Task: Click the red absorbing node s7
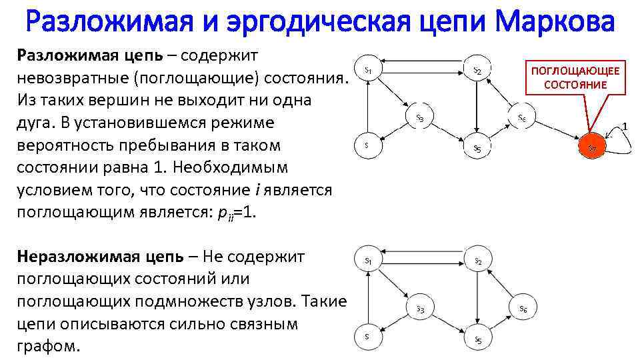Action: coord(592,148)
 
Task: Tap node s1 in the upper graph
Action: coord(368,69)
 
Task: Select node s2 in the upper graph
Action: coord(477,69)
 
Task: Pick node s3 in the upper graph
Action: coord(420,118)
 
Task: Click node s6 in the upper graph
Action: coord(523,118)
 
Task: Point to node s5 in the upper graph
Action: coord(477,148)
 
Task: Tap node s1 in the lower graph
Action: coord(368,260)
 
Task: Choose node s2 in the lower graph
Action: coord(477,261)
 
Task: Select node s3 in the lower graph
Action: coord(421,308)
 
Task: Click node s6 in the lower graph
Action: coord(523,308)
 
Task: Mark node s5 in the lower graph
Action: coord(477,339)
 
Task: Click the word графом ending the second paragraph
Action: coord(46,347)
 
